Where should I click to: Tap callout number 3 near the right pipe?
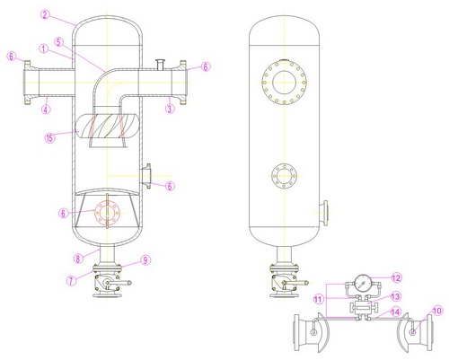(169, 110)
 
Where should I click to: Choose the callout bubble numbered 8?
(78, 259)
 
